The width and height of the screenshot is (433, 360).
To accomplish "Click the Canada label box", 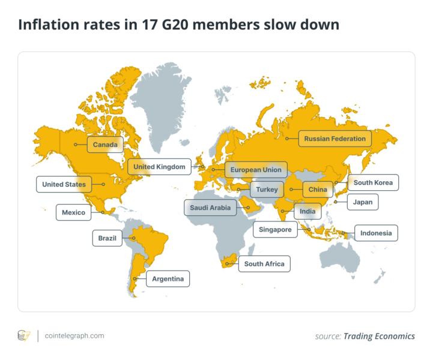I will (104, 145).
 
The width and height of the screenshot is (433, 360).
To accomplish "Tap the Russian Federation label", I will (335, 139).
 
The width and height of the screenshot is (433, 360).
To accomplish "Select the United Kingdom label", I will (159, 166).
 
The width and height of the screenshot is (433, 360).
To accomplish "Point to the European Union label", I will (255, 170).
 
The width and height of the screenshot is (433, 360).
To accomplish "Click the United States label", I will (64, 184).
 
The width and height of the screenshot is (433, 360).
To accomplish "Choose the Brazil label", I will (107, 238).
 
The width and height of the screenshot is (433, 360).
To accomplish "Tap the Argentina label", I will (168, 279).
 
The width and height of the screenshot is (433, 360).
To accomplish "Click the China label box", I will (317, 190).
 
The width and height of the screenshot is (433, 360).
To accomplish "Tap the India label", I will (307, 211).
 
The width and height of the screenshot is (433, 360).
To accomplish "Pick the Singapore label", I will (275, 230).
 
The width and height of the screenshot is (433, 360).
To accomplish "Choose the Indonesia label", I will (376, 233).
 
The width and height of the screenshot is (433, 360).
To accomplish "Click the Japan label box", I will (363, 202).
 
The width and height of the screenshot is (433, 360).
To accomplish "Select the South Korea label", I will (372, 182).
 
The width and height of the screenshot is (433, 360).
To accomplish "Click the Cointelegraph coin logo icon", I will (24, 336).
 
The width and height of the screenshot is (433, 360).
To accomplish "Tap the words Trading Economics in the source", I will (379, 336).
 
